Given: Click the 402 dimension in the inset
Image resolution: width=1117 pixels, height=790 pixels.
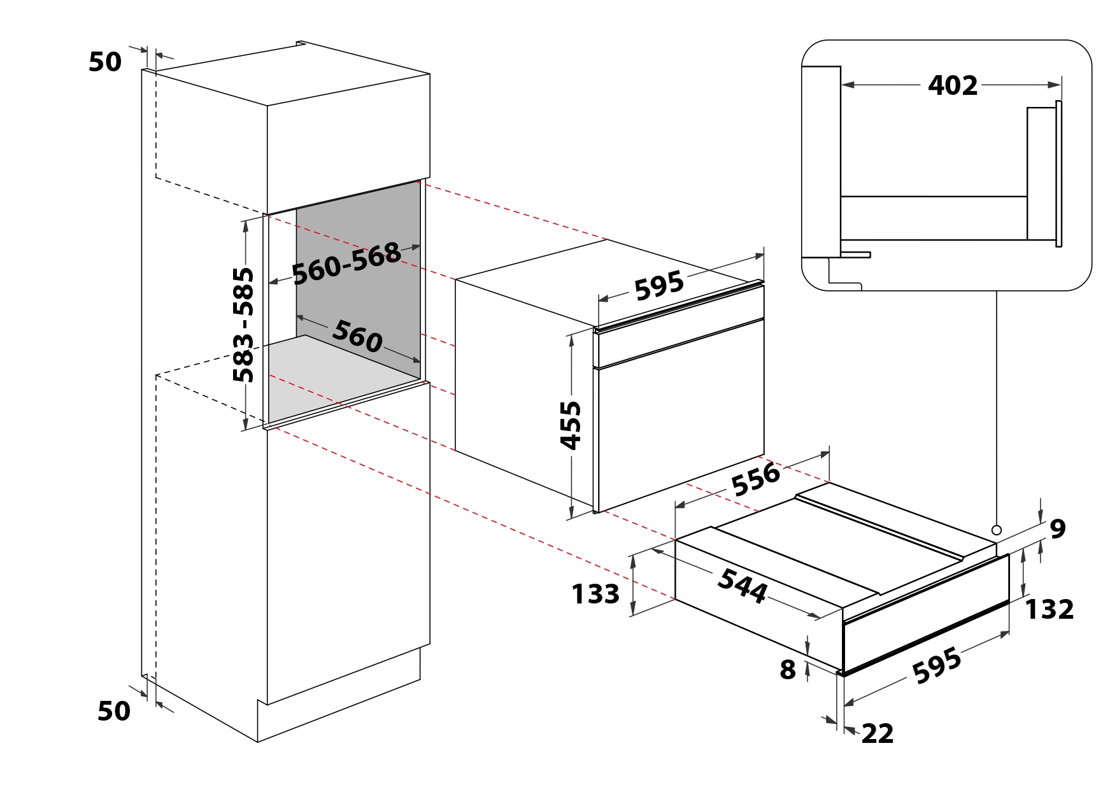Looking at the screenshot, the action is (x=952, y=85).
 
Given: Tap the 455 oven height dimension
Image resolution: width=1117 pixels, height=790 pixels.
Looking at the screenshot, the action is (x=571, y=425).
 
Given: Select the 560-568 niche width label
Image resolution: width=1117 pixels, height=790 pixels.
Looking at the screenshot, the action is (x=346, y=263).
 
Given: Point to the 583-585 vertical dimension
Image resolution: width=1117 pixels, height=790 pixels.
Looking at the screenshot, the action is (x=243, y=325).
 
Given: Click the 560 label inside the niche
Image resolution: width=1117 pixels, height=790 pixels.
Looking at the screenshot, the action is (x=357, y=336).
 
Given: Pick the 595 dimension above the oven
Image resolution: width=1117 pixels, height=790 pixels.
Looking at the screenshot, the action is (x=659, y=285).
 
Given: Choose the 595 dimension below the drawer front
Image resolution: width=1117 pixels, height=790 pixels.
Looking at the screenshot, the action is (x=937, y=666).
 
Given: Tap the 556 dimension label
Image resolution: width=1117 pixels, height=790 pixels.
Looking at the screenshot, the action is (x=756, y=479).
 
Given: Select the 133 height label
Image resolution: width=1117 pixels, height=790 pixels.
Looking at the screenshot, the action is (x=595, y=594).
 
